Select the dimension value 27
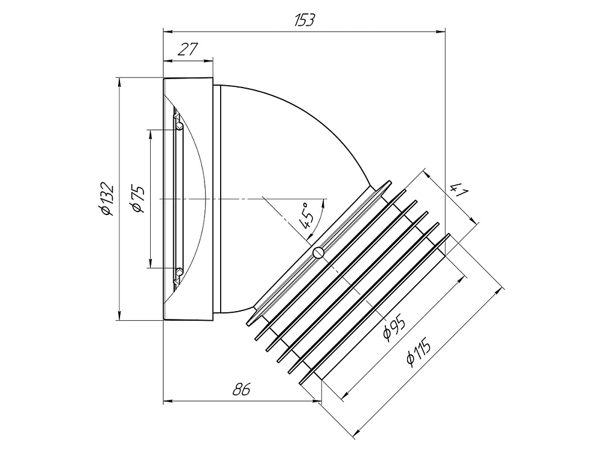click(x=188, y=50)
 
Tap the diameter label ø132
click(x=107, y=199)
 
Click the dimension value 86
click(x=242, y=390)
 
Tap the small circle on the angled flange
click(x=318, y=252)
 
